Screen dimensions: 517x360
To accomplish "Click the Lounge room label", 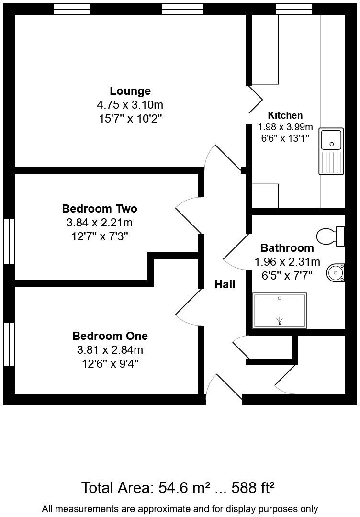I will point(130,91).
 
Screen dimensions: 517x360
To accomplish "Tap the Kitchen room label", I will point(285,115).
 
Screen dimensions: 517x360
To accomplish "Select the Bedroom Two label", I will point(100,209).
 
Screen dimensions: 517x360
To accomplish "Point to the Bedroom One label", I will point(110,336).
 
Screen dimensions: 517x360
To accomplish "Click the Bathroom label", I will point(287,248).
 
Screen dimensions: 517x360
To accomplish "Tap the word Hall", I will point(225,284).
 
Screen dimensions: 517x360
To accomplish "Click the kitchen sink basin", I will point(331,139).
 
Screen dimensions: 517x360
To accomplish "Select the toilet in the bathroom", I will point(331,236).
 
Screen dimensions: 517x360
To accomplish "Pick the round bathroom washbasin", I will point(336,273).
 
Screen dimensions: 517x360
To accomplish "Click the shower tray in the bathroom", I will point(280,311).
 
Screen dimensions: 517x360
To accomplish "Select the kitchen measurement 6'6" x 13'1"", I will point(285,139).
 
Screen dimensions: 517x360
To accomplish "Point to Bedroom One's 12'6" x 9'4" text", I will point(110,364).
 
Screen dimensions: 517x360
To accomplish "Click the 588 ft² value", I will point(253,488).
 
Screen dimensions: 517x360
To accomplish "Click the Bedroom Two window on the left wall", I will point(9,241).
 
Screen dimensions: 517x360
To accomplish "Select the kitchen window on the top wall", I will point(293,9).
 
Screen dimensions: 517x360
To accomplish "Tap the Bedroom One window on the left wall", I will point(9,344).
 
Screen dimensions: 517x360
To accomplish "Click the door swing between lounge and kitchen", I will point(256,100).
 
